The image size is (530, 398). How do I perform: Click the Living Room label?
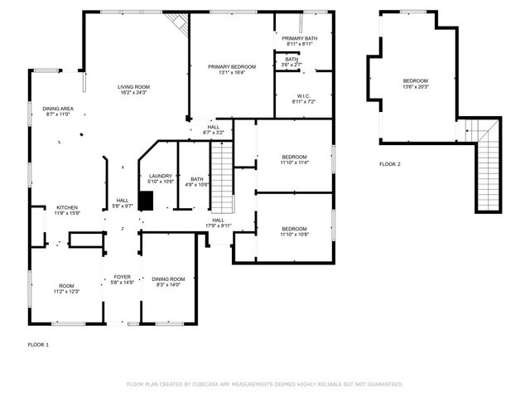[x=132, y=89]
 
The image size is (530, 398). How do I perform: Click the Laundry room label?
[x=161, y=177]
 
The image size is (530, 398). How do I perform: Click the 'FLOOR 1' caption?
[x=38, y=344]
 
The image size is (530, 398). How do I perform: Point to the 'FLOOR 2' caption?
[x=389, y=165]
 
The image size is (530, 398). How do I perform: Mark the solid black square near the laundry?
[x=146, y=201]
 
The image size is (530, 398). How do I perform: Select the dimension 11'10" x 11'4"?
[x=294, y=163]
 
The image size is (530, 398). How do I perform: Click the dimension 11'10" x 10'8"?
[x=294, y=235]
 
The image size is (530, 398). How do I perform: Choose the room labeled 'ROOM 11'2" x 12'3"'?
[x=66, y=289]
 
